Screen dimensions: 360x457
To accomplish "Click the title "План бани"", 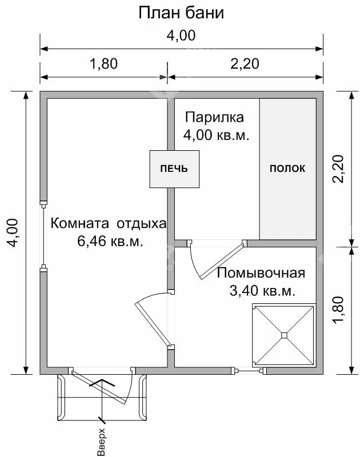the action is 181,13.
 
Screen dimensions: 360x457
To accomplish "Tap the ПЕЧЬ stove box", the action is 174,169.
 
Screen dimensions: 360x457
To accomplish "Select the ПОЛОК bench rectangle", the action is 287,169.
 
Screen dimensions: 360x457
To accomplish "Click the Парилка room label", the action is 214,118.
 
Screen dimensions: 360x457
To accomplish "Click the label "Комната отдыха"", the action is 109,223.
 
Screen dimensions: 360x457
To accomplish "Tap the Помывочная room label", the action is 261,272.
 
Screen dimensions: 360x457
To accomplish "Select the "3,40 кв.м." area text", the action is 262,291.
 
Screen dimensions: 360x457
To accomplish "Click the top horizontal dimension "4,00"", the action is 181,35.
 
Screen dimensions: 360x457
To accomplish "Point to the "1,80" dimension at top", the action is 103,64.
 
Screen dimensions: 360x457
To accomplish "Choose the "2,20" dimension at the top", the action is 245,64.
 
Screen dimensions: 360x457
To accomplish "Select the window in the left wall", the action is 43,234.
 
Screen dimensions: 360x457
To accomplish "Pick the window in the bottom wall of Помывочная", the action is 249,371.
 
